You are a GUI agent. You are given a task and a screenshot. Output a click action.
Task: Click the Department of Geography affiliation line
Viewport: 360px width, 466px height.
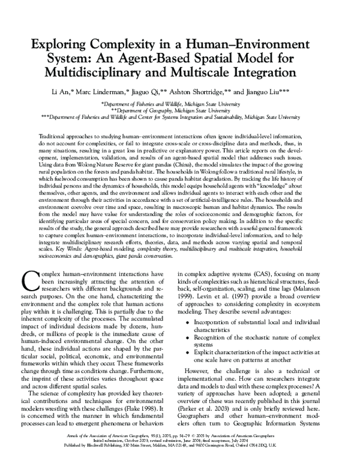(x=180, y=110)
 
